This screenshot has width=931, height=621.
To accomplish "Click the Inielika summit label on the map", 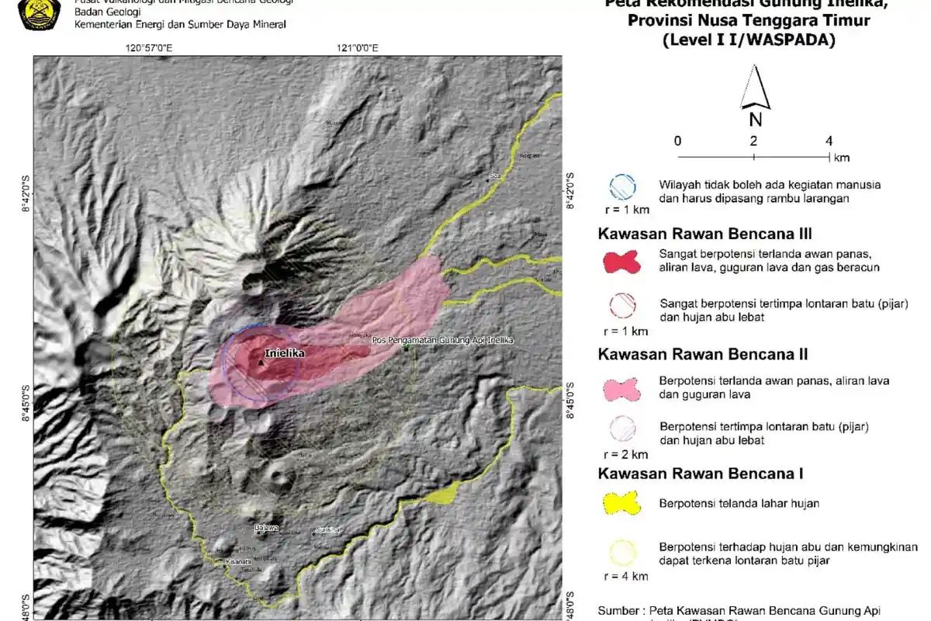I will pos(285,353).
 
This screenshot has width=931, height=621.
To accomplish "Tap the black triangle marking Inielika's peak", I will pos(261,361).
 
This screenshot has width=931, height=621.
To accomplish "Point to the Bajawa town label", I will pos(266,529).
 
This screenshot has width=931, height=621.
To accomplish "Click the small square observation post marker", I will pos(406,348).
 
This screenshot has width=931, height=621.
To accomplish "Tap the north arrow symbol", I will pos(755,88).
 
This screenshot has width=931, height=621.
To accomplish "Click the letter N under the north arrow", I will pos(755,120).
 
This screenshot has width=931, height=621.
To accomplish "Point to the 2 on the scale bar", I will pos(753,141).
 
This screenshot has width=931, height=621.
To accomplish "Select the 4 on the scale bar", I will pos(829,141).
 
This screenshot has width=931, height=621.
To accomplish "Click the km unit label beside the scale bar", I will pos(842,158).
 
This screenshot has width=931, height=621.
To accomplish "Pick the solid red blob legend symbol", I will pos(622,261).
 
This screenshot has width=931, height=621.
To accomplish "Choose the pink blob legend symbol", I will pos(622,388).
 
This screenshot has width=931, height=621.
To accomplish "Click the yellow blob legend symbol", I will pos(622,503).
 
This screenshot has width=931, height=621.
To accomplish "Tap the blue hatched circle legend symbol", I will pos(622,186).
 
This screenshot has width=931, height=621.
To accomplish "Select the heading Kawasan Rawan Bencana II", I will pos(703,355).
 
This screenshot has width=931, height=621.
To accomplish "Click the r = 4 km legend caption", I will pos(625,576).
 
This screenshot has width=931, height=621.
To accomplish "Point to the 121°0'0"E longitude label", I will pos(358,48).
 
